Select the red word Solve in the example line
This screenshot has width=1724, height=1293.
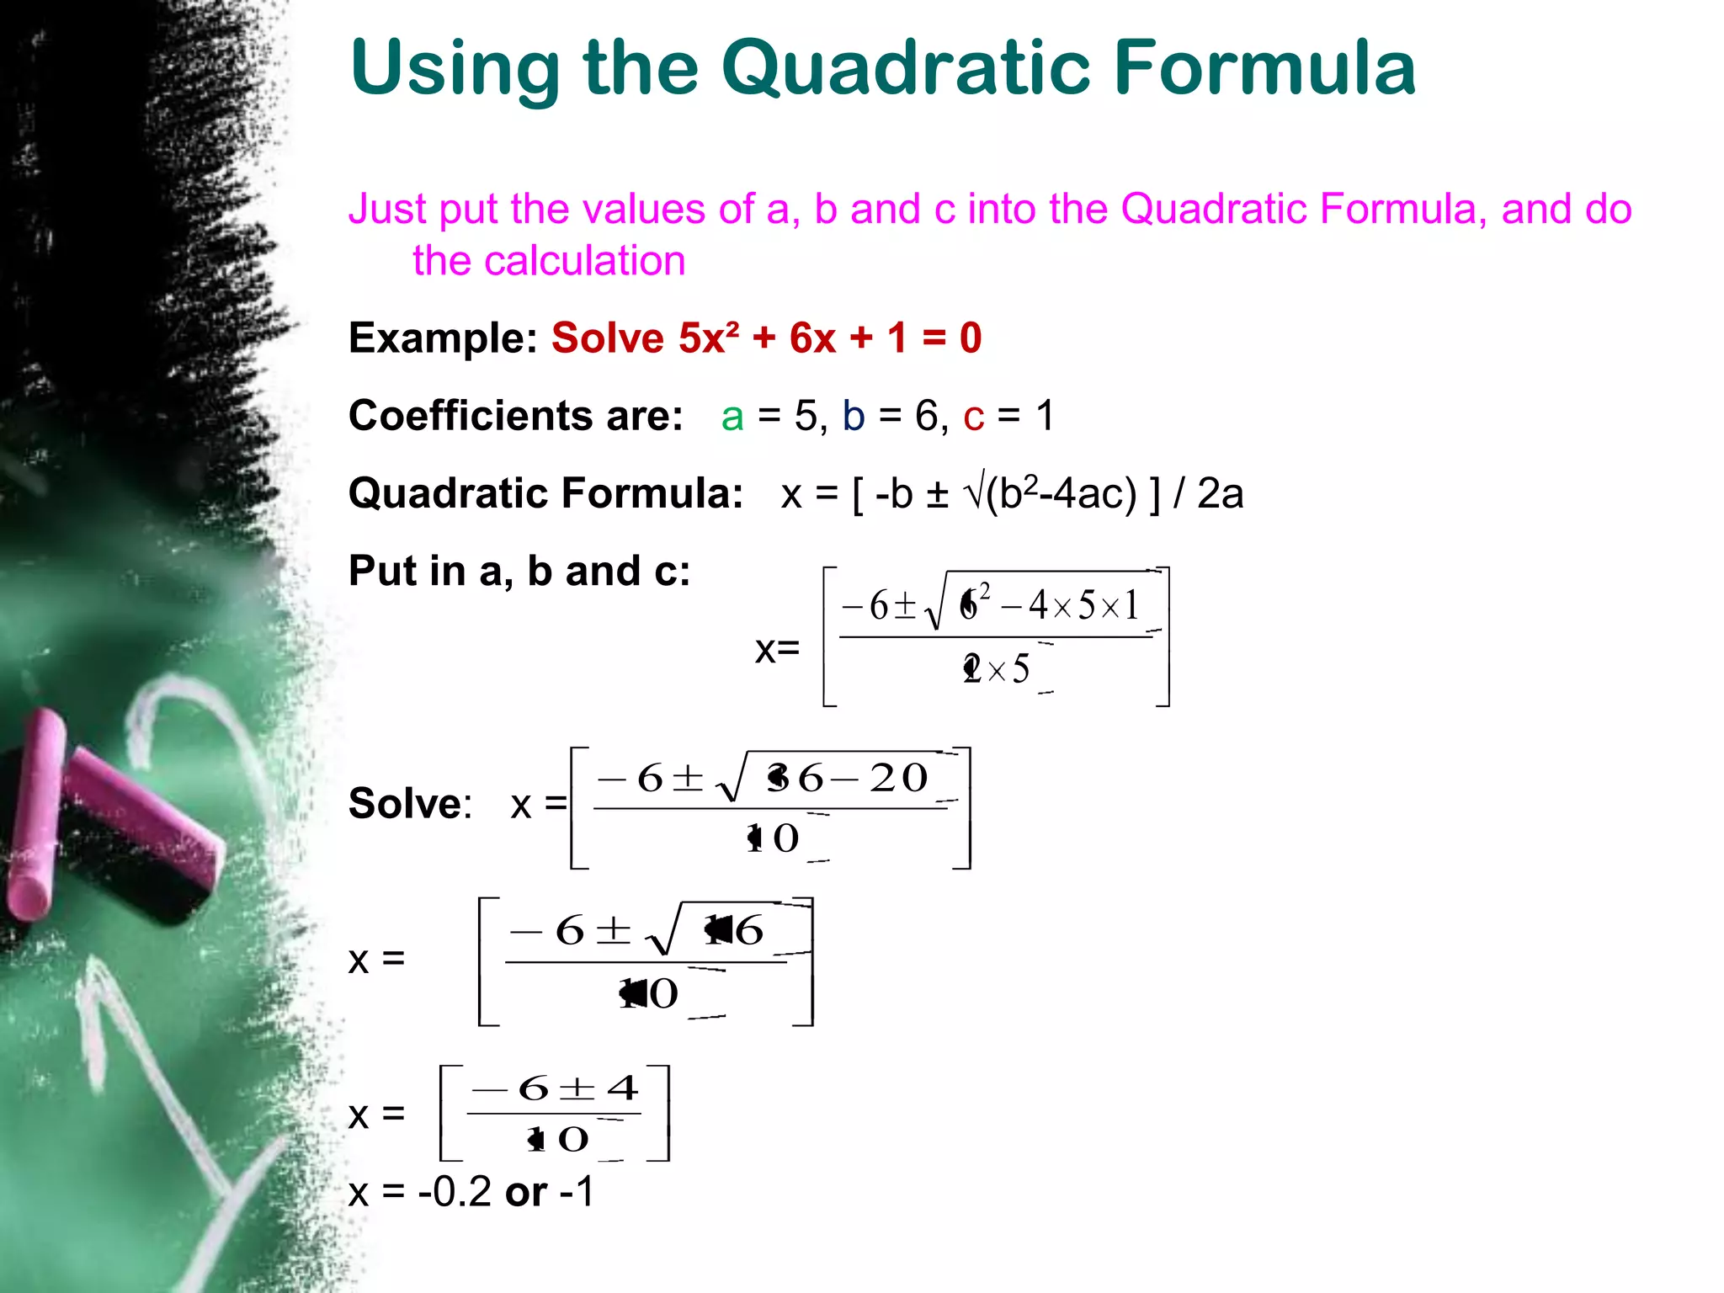[607, 338]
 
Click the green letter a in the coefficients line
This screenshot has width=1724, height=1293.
[732, 417]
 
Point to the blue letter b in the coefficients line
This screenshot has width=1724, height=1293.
[854, 416]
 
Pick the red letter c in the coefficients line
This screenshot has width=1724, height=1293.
[974, 417]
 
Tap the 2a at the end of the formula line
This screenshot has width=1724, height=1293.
[1220, 493]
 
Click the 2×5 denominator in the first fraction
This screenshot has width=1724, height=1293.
[997, 670]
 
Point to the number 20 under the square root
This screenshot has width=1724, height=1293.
[898, 778]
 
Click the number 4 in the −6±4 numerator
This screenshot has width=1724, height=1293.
[623, 1088]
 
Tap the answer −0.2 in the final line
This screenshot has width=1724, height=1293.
[455, 1192]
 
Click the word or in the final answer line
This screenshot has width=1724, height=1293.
[526, 1192]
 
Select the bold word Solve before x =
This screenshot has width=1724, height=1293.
[408, 803]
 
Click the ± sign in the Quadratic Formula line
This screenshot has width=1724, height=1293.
[937, 495]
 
